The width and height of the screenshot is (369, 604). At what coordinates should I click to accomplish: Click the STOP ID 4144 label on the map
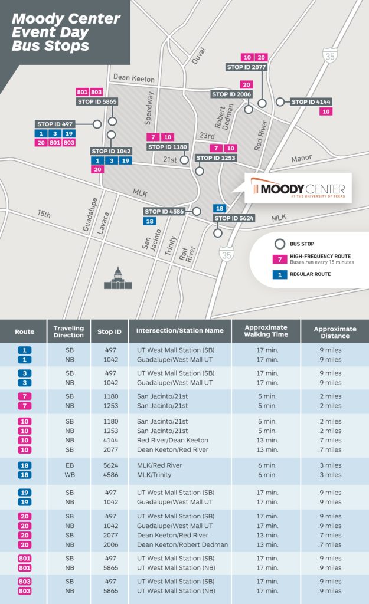[x=312, y=101]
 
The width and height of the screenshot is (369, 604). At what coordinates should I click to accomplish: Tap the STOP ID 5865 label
[x=97, y=101]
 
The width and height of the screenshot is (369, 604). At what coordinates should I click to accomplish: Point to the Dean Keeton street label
[x=133, y=78]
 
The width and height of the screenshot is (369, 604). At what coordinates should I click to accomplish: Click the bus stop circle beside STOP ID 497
[x=97, y=124]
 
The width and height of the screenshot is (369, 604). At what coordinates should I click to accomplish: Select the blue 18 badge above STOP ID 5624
[x=220, y=208]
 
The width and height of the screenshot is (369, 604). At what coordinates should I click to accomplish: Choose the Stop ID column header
[x=109, y=332]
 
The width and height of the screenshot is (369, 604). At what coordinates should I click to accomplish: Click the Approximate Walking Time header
[x=266, y=331]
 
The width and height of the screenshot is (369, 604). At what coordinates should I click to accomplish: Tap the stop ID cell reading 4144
[x=109, y=441]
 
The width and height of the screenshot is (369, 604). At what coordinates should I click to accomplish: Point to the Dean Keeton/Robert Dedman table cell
[x=182, y=544]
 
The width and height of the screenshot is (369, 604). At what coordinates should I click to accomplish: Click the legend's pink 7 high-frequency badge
[x=275, y=259]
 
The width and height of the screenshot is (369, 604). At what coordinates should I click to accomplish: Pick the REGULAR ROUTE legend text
[x=310, y=274]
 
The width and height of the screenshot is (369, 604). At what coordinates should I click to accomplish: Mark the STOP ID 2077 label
[x=247, y=67]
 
